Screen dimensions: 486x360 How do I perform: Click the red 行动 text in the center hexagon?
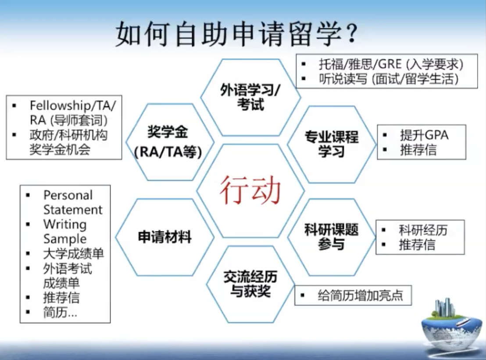pos(250,190)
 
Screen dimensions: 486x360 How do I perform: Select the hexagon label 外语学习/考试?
pos(250,97)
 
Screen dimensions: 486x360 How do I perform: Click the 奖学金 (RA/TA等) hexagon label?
pos(168,142)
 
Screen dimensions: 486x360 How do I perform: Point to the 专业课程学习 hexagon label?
pos(331,144)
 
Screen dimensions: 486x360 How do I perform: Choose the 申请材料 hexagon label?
pos(164,237)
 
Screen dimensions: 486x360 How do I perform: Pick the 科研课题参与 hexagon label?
pos(331,237)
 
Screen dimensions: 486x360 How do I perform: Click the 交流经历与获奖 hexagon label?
pos(250,284)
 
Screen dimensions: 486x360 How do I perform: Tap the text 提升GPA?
pos(424,135)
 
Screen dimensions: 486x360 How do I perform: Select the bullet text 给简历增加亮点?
pos(360,295)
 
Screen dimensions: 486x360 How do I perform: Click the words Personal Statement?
pos(73,202)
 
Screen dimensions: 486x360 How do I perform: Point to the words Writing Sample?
pos(65,231)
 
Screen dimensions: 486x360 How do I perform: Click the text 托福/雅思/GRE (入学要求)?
pos(391,64)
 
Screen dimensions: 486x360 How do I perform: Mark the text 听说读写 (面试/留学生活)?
pos(389,79)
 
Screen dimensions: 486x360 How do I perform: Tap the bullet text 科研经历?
pos(423,230)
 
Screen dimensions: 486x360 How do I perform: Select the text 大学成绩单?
pos(73,254)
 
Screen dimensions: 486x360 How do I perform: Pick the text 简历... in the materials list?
pos(60,312)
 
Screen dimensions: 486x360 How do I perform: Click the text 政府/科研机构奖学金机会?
pos(68,142)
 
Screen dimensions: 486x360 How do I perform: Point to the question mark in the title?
pos(352,33)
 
